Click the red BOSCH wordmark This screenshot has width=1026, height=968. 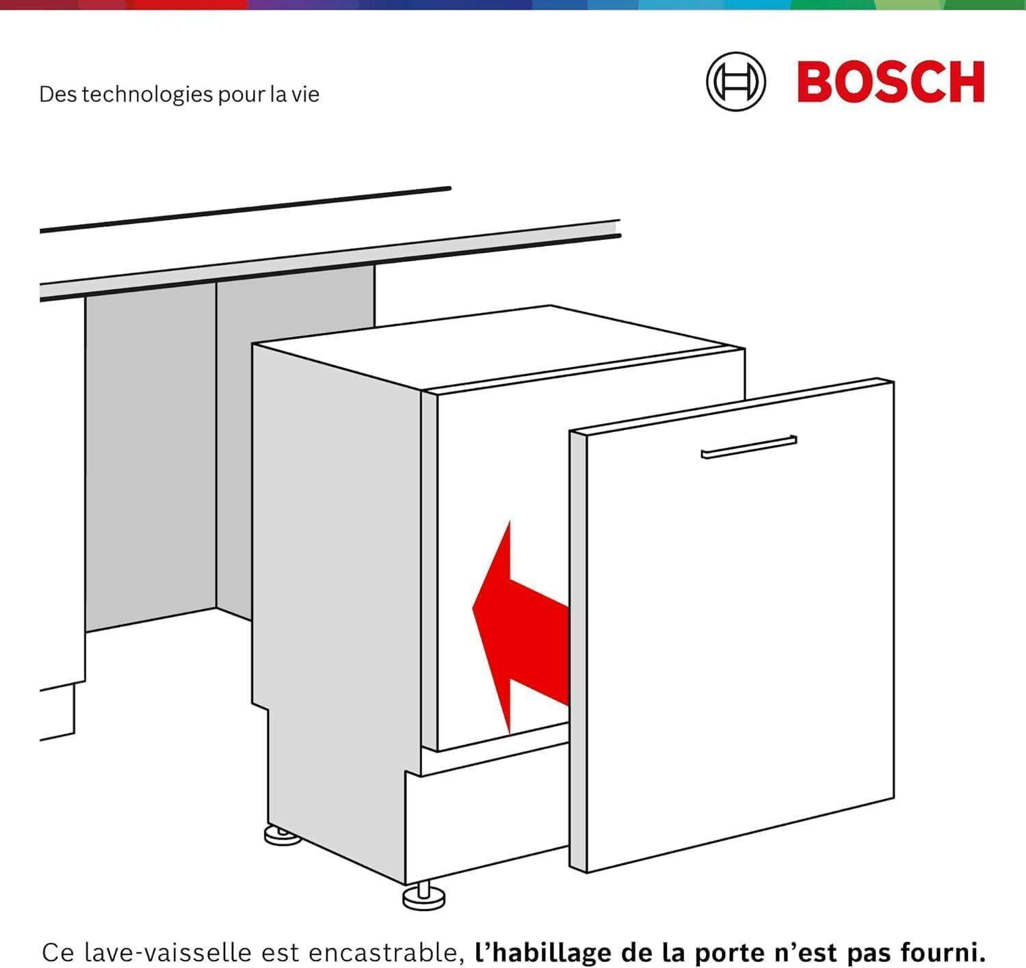[891, 82]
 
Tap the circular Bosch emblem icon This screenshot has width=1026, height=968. [736, 82]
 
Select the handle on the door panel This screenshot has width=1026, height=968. [749, 447]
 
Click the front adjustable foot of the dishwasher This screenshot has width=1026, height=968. [424, 897]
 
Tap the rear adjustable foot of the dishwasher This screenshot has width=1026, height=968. [282, 835]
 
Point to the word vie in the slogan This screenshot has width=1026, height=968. [305, 94]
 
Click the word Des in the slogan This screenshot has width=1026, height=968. [57, 94]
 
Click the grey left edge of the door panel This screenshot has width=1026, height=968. [578, 649]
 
